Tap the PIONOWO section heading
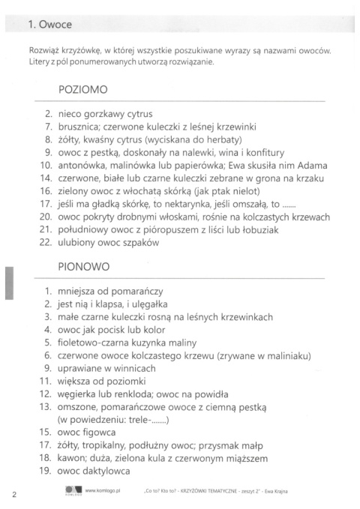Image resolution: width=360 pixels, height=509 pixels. point(84,266)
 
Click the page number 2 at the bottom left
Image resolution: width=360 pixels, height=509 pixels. point(14,494)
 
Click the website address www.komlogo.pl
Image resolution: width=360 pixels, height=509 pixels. point(104,492)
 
